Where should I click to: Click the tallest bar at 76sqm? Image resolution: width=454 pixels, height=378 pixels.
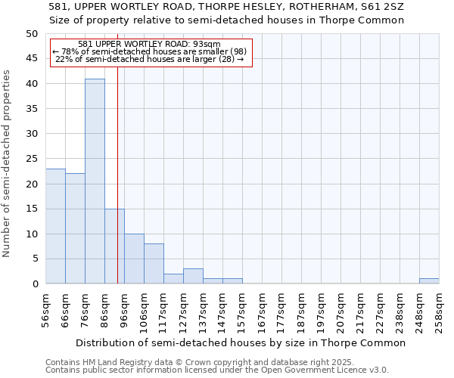pos(95,181)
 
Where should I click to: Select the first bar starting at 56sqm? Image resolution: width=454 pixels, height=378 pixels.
pos(55,226)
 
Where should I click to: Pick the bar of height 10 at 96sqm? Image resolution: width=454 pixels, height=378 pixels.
pos(134,259)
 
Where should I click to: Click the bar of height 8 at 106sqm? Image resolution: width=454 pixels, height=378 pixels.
pos(154,264)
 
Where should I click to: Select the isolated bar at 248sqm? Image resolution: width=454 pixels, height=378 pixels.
pos(429,281)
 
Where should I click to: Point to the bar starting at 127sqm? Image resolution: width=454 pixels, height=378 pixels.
pos(193,276)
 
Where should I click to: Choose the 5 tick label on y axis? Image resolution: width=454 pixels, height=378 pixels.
pos(34,259)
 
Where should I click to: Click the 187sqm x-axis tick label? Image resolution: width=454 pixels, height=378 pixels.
pos(301,310)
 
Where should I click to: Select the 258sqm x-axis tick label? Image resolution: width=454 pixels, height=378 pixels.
pos(439,310)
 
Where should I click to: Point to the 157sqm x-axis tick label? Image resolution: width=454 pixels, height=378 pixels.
pos(242,310)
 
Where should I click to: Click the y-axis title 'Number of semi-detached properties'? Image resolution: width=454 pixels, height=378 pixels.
pos(7,163)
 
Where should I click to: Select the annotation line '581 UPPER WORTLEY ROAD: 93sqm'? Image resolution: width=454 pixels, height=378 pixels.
pos(149,44)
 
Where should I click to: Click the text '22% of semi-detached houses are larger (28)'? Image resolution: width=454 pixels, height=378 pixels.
pos(149,60)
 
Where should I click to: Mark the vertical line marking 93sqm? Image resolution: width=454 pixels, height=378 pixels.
pos(118,189)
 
